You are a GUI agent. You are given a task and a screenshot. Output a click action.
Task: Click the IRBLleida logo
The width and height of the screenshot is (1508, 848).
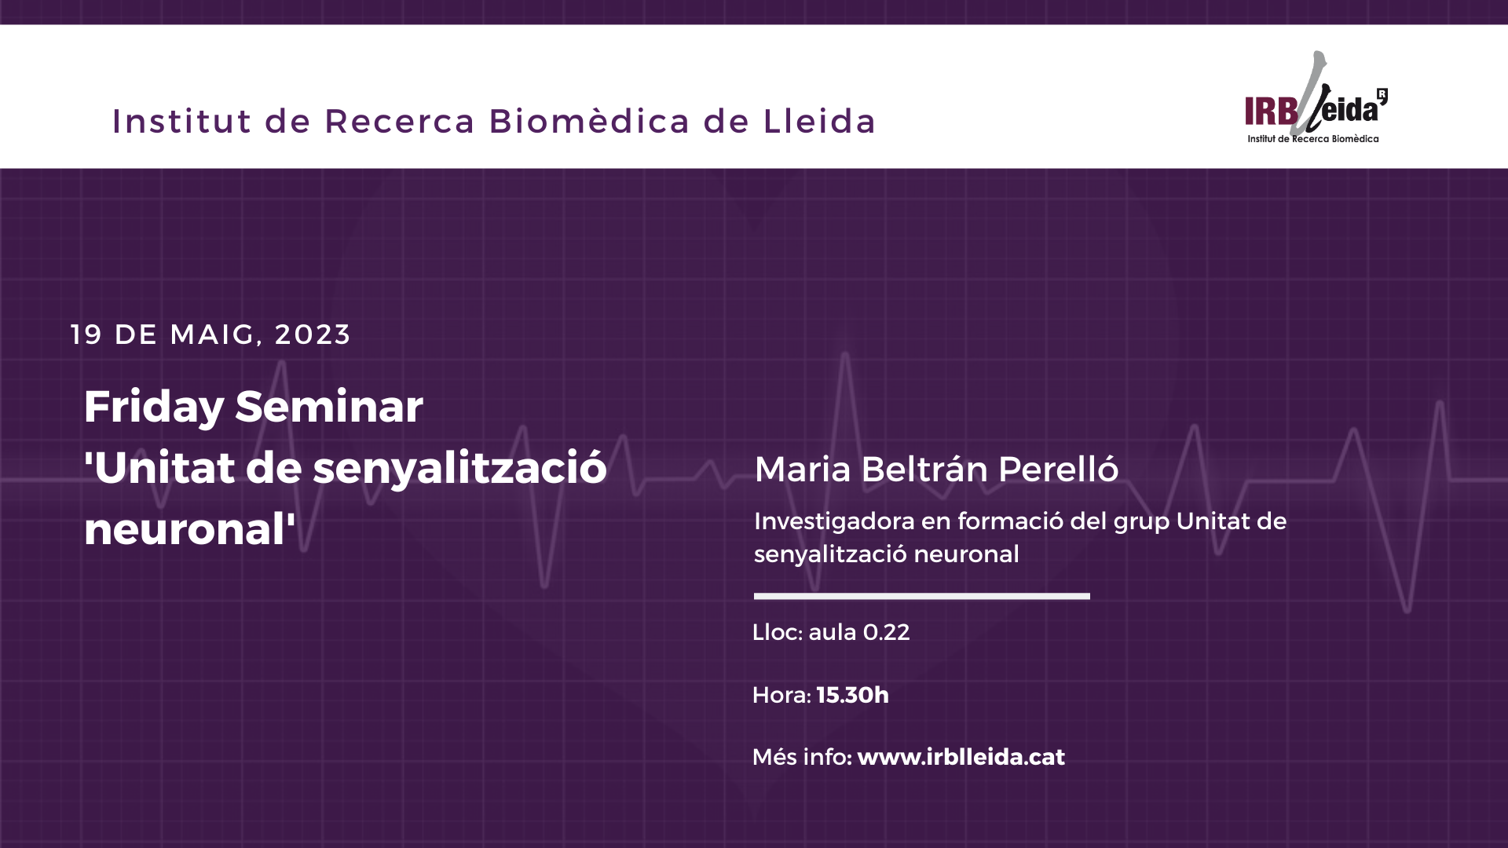(x=1316, y=98)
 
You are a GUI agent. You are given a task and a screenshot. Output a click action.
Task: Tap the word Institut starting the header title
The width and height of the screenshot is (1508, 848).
(x=182, y=121)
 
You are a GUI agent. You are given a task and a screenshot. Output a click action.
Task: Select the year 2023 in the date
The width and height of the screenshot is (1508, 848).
(x=313, y=334)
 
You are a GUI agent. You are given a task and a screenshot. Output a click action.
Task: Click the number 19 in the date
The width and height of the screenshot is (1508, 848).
(x=86, y=334)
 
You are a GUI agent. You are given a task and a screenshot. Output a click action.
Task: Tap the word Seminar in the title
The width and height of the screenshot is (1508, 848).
(x=329, y=407)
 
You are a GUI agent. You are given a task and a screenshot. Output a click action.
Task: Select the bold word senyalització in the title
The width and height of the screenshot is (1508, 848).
(x=460, y=469)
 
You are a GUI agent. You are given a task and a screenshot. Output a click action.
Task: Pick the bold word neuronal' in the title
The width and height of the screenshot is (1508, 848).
(x=190, y=529)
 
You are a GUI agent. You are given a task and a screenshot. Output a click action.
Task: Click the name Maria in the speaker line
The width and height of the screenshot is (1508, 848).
(x=803, y=470)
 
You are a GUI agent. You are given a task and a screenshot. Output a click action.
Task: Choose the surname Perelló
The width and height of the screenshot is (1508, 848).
(x=1058, y=469)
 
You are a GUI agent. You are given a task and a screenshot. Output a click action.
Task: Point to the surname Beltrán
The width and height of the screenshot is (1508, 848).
(x=924, y=469)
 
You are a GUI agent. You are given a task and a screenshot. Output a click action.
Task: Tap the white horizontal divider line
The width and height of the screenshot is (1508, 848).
(x=922, y=596)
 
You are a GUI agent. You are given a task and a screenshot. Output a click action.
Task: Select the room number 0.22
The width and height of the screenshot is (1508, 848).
(x=886, y=632)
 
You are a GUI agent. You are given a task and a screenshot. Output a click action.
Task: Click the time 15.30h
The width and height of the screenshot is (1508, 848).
(x=853, y=695)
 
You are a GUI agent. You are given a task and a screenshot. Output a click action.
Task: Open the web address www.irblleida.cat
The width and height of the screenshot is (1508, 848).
(x=961, y=757)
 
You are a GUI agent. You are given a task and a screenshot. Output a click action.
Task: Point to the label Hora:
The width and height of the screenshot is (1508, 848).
(x=781, y=695)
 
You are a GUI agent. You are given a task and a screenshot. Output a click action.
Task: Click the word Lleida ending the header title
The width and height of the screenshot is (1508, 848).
(x=819, y=121)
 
